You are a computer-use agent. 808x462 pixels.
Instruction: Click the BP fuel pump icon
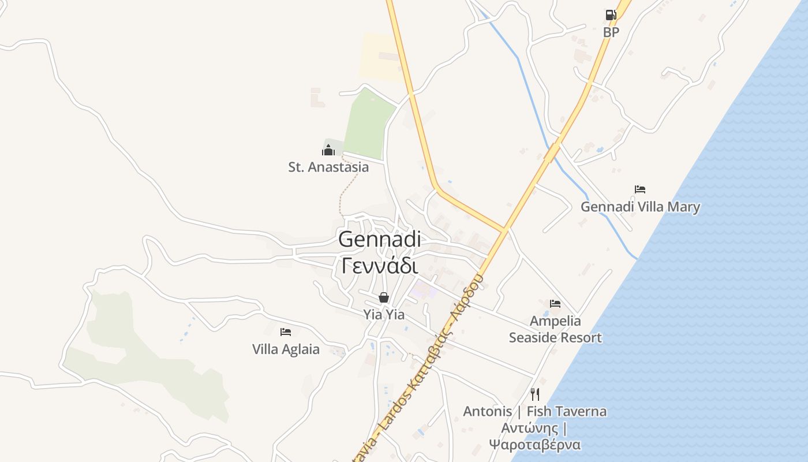click(x=611, y=15)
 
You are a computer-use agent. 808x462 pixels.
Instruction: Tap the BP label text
click(x=611, y=32)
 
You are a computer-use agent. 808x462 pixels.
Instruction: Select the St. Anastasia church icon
click(x=328, y=151)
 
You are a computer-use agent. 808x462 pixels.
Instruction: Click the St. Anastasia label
click(x=328, y=167)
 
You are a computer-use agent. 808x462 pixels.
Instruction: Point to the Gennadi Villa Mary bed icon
click(x=639, y=189)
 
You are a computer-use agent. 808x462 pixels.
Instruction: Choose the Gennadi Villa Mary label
click(x=640, y=207)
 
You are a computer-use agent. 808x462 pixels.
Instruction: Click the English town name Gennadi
click(x=379, y=239)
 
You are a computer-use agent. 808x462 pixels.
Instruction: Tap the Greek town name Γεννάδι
click(x=379, y=266)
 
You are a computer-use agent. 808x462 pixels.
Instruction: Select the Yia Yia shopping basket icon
click(x=384, y=297)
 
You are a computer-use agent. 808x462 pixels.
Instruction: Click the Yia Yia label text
click(x=384, y=315)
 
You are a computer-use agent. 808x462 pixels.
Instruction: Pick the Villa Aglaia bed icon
click(x=286, y=331)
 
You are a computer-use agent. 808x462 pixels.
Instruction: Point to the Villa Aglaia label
click(x=286, y=349)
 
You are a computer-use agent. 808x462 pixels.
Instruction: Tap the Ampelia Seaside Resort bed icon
click(x=555, y=303)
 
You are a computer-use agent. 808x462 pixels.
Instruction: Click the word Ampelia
click(x=555, y=321)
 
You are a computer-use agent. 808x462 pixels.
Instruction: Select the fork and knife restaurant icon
click(x=535, y=394)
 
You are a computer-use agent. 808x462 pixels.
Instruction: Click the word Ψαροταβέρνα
click(x=534, y=445)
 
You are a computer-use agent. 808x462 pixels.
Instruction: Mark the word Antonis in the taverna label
click(x=487, y=411)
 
